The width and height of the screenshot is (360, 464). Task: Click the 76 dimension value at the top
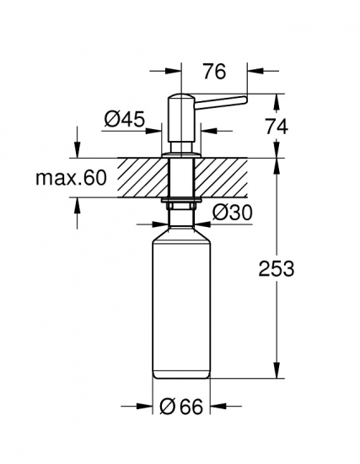tap(215, 72)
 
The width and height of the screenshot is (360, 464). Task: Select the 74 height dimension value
tap(277, 127)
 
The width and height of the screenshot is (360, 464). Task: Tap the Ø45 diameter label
tap(125, 119)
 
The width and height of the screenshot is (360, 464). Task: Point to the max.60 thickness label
tap(71, 178)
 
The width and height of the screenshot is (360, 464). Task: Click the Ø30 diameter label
tap(233, 213)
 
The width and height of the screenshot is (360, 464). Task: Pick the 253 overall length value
tap(277, 268)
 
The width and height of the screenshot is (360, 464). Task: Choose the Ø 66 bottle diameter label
tap(181, 407)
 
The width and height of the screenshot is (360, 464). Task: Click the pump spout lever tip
tap(244, 100)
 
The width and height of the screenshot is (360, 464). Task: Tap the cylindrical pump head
tap(180, 118)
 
